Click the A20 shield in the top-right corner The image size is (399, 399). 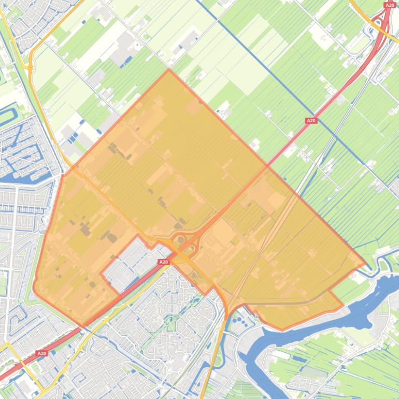pos(390,5)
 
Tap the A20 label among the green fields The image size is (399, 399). pos(311,121)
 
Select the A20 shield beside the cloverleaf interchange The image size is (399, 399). pos(164,262)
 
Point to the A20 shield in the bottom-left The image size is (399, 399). pos(41,353)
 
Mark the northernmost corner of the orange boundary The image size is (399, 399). pos(168,69)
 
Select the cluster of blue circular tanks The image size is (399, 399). pos(239,322)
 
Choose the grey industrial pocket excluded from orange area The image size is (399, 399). pos(127,264)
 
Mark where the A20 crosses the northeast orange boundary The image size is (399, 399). pos(267,167)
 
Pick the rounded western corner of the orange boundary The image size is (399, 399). pos(35,288)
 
